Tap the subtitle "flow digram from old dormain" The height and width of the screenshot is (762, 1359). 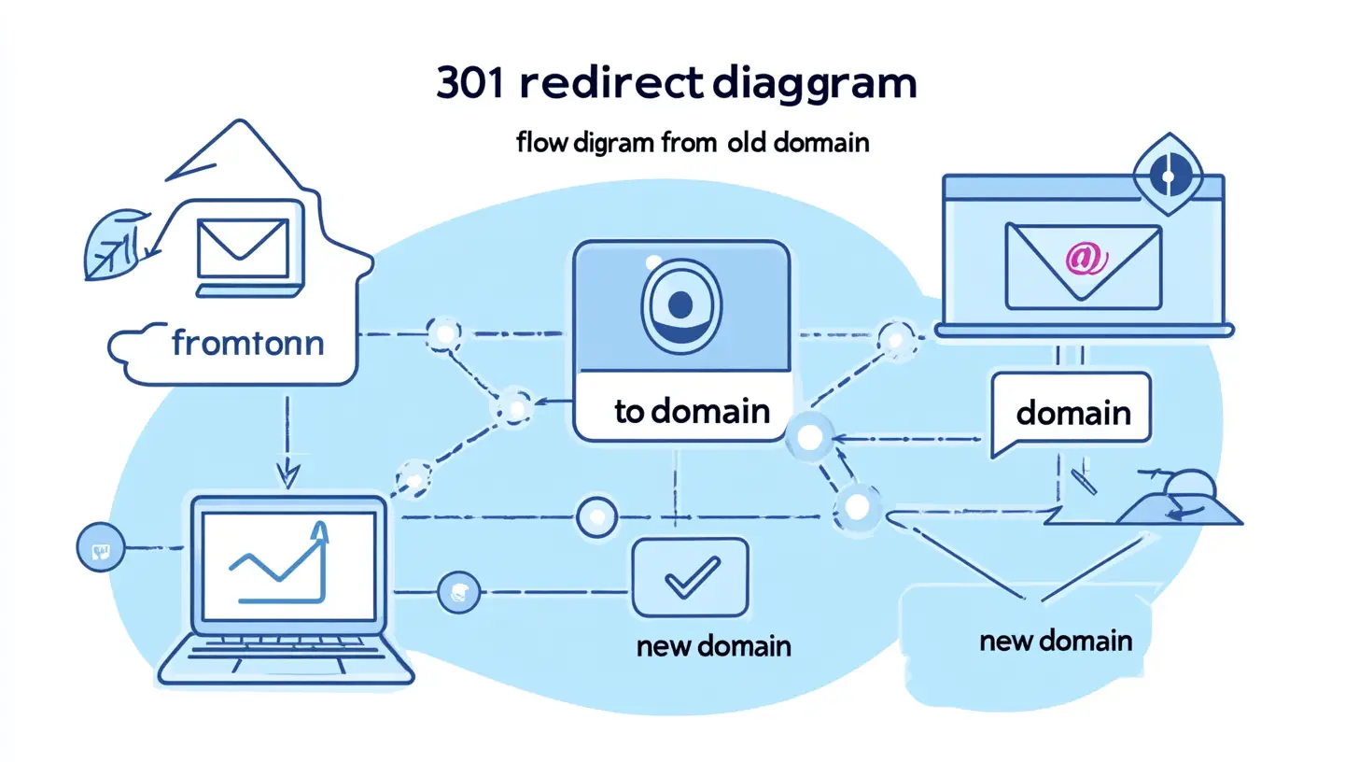tap(692, 145)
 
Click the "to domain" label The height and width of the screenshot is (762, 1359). tap(692, 410)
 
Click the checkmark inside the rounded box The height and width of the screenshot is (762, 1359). tap(691, 577)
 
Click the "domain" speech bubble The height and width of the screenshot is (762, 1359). tap(1072, 413)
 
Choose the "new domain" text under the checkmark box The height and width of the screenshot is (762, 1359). tap(713, 645)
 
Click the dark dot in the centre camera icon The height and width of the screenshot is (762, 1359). tap(681, 303)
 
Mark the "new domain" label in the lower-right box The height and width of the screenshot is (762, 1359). tap(1056, 642)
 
